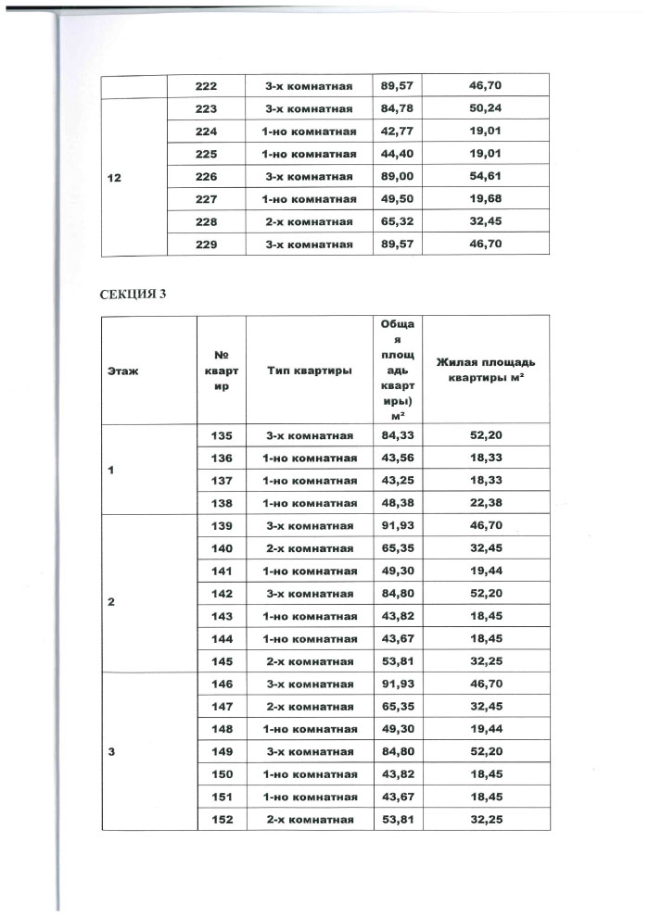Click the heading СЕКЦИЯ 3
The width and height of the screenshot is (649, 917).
(132, 295)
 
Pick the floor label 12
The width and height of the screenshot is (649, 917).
(114, 177)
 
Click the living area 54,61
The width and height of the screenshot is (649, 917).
(486, 177)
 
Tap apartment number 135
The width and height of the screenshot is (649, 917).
(222, 435)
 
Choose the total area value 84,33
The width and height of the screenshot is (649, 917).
(398, 435)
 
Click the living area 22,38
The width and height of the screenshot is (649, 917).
(486, 503)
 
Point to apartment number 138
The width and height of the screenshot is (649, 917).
(222, 503)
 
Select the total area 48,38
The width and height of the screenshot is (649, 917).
(398, 503)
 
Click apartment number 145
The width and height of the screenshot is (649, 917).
(222, 661)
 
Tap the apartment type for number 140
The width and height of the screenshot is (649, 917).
(309, 548)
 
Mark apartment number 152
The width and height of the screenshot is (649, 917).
(222, 820)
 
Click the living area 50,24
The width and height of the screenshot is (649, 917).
(486, 109)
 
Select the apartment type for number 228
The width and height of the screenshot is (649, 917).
(309, 222)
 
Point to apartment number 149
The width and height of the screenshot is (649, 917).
(222, 751)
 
